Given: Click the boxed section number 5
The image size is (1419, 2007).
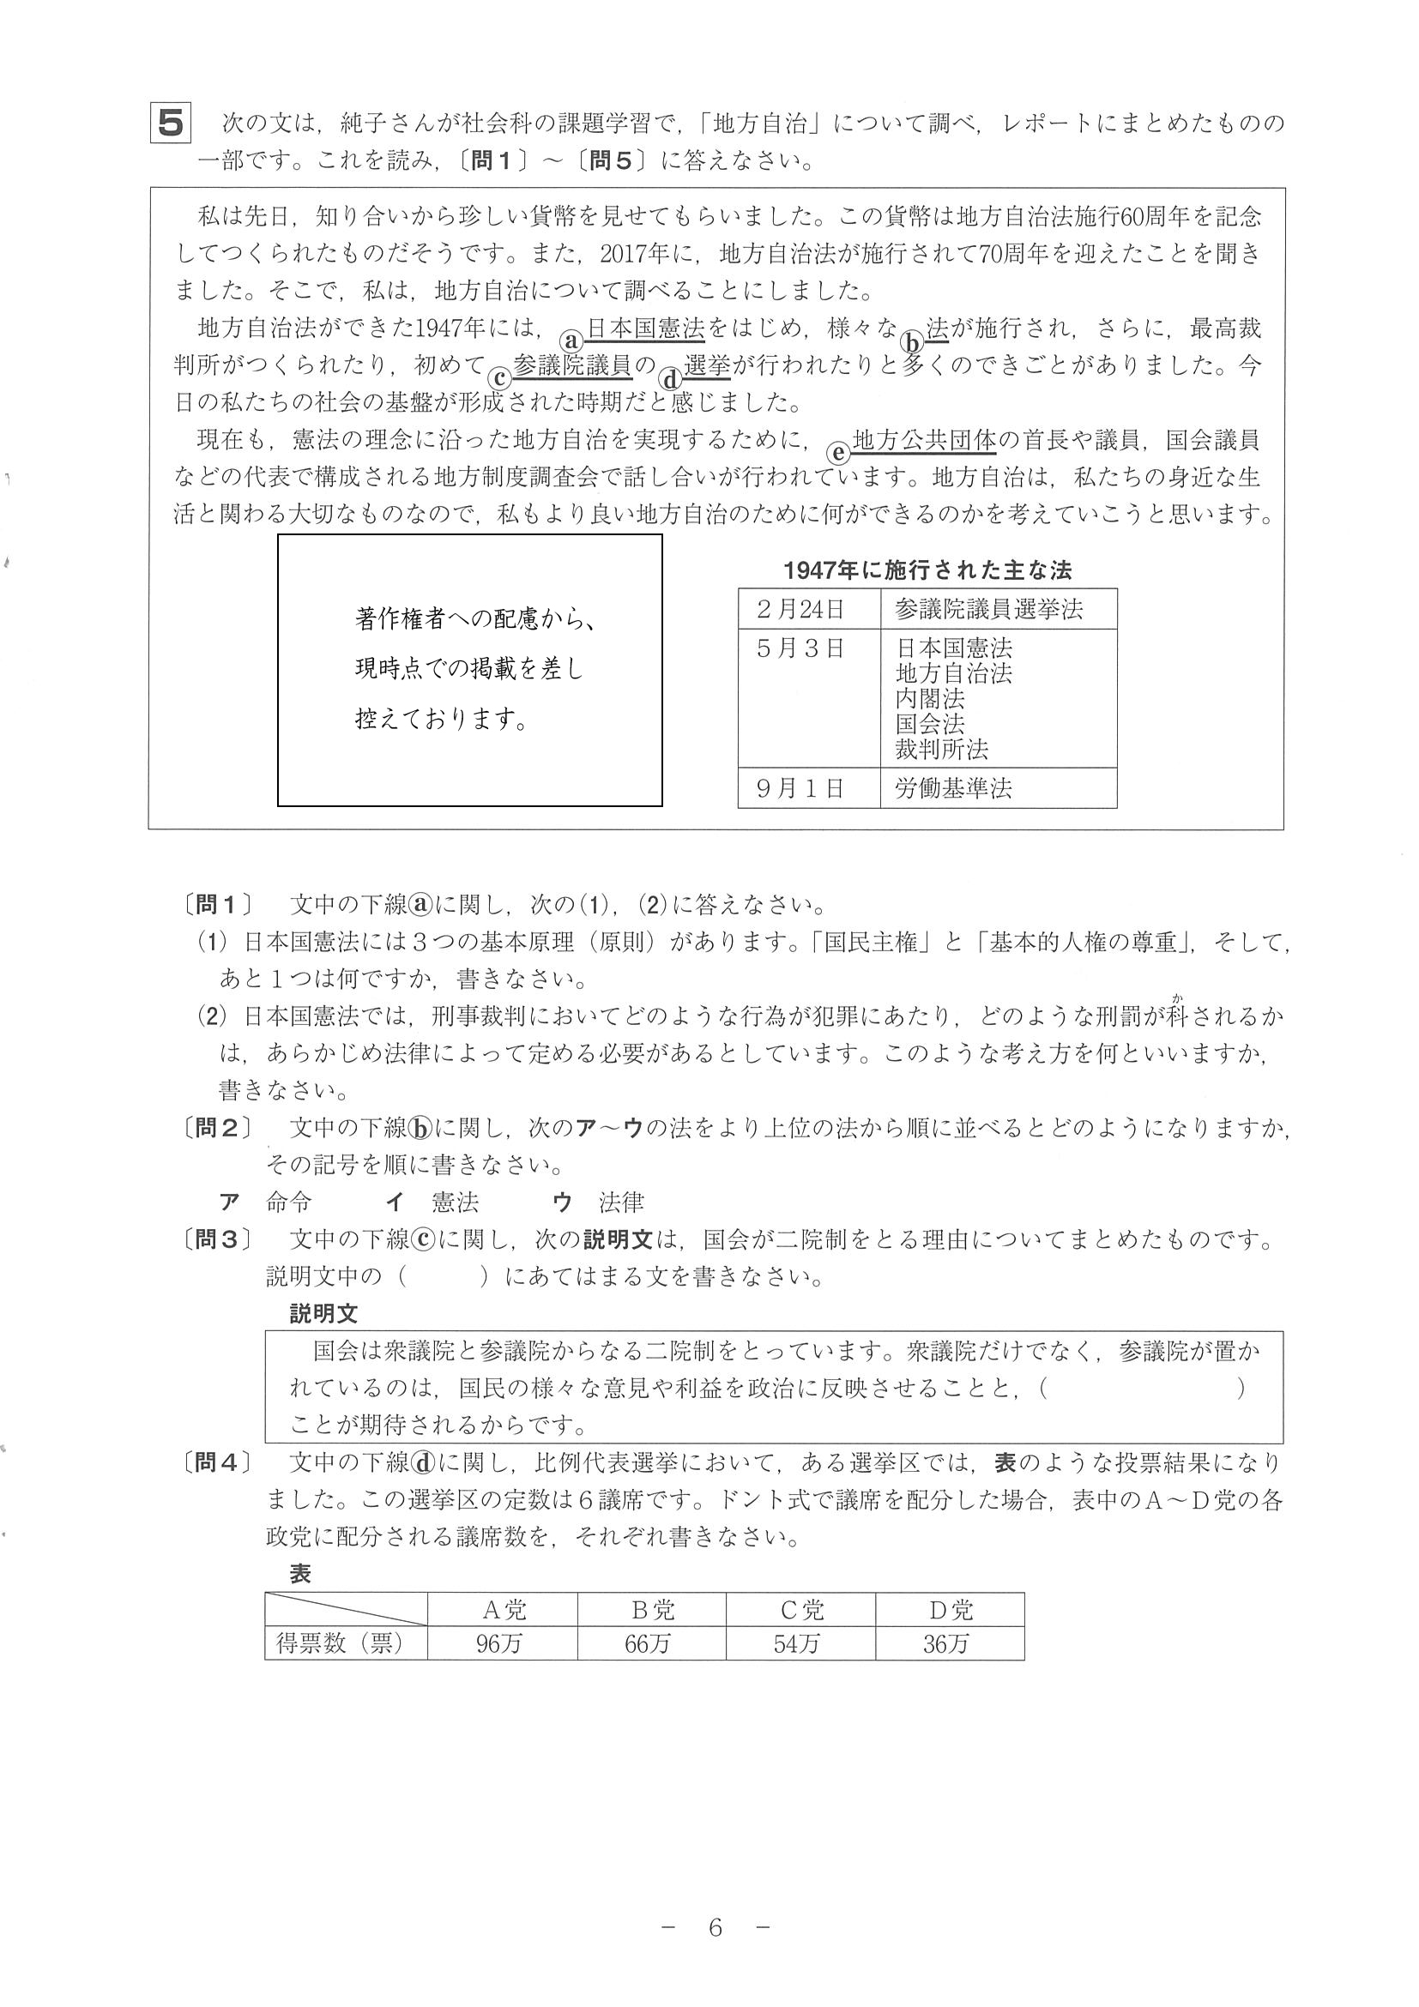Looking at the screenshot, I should (x=171, y=124).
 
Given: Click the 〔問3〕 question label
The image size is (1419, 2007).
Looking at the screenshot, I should (x=218, y=1239).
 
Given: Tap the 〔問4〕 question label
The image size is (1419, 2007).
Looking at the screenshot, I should (x=218, y=1462).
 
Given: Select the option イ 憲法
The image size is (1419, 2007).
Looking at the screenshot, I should (x=432, y=1202).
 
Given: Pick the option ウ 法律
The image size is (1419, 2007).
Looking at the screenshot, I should (x=599, y=1202).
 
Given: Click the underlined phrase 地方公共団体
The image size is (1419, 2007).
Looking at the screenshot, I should (x=924, y=441).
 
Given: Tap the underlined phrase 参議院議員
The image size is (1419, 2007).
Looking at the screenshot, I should (x=573, y=365).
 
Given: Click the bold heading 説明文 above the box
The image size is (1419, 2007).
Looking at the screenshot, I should (x=323, y=1313).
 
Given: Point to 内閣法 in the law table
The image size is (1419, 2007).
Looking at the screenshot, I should (x=930, y=698).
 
